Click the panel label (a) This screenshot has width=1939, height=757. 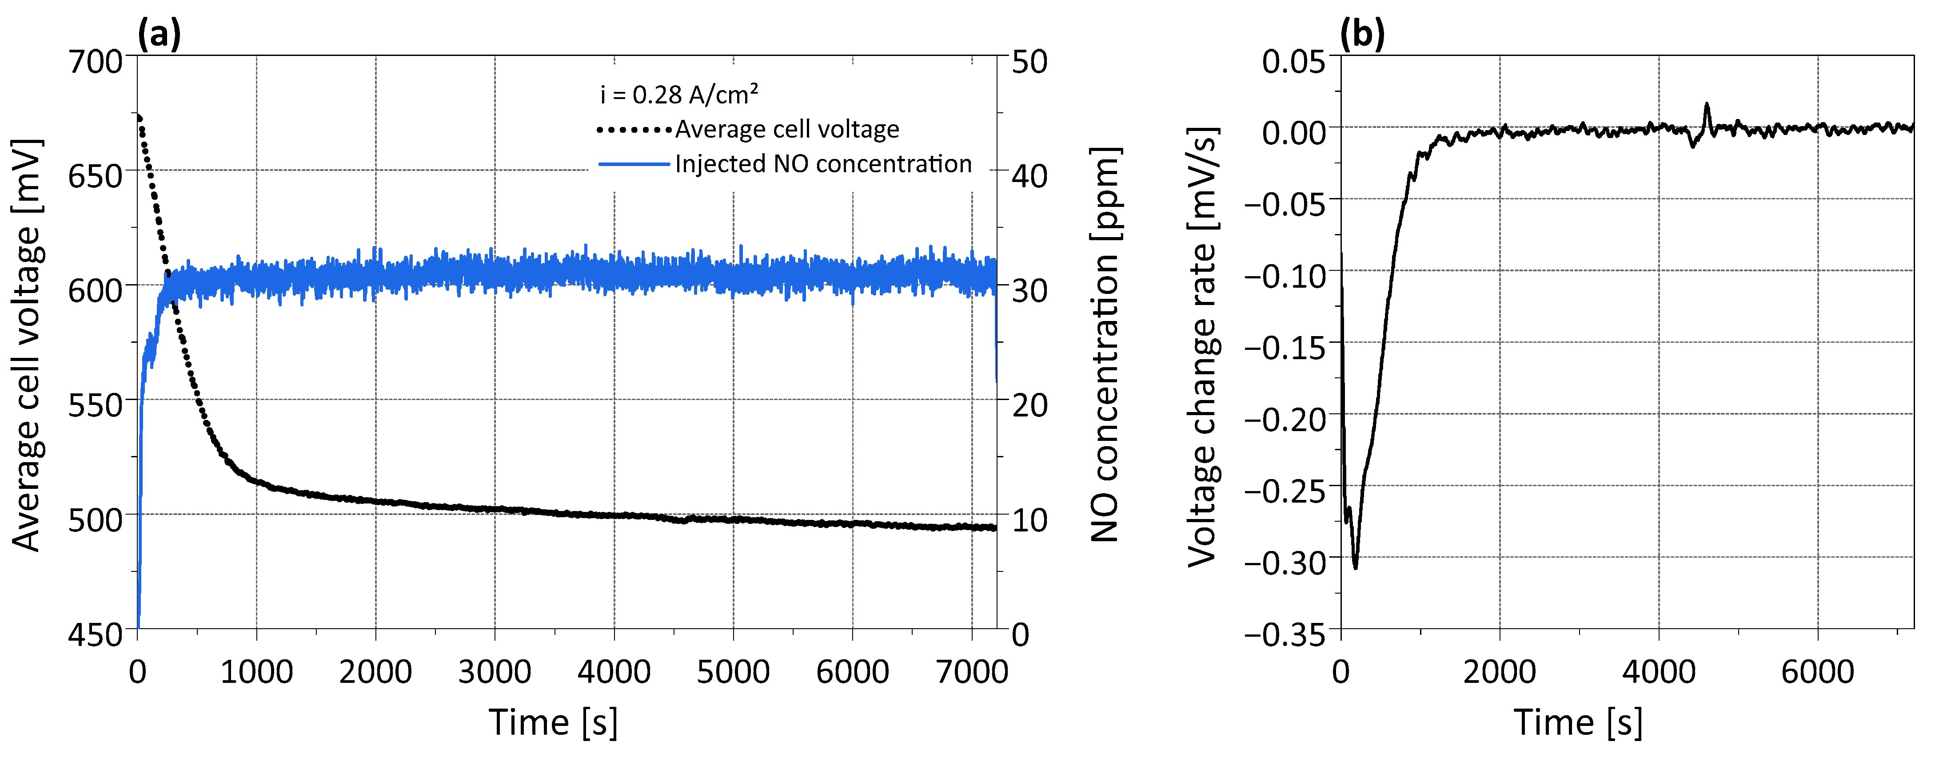coord(159,34)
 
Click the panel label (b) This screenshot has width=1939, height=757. coord(1362,34)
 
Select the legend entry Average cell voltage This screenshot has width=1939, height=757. coord(786,130)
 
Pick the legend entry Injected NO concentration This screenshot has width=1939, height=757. coord(823,164)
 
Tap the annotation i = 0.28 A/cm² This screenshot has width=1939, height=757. coord(679,95)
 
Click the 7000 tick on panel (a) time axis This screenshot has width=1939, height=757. coord(972,672)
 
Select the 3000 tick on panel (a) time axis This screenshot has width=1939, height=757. coord(495,672)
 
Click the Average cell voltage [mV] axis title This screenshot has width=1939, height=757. coord(28,345)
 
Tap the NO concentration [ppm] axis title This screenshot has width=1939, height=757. coord(1105,345)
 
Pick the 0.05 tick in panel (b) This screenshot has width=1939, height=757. coord(1293,62)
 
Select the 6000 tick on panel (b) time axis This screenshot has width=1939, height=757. coord(1818,672)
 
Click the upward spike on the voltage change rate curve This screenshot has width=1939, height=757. coord(1707,105)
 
